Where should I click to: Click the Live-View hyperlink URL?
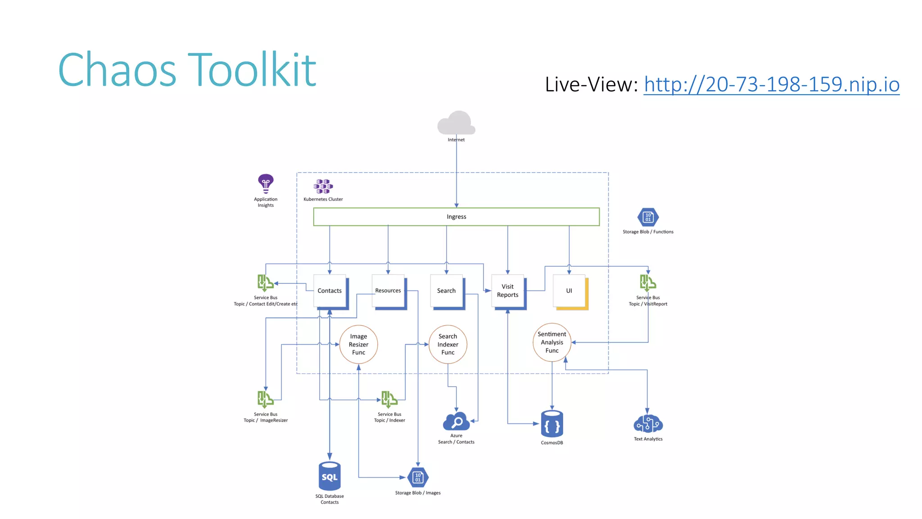(x=771, y=84)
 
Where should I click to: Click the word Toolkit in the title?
(x=252, y=70)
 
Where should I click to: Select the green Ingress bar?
(x=456, y=217)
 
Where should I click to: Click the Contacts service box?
(x=330, y=291)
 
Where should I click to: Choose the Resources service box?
(x=388, y=291)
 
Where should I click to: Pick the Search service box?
(x=446, y=291)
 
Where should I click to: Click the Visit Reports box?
(x=507, y=291)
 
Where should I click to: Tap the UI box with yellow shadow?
(x=569, y=291)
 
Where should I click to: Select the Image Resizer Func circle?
(x=358, y=344)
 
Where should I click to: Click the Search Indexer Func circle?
(x=447, y=344)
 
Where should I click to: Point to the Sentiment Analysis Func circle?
(x=552, y=342)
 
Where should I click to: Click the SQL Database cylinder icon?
(x=330, y=476)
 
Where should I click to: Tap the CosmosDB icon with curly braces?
(x=552, y=424)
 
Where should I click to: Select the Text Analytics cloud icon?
(x=648, y=424)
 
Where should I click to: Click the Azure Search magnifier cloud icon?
(x=456, y=422)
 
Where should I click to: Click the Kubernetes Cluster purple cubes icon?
(x=323, y=186)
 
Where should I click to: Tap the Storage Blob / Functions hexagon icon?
(x=648, y=217)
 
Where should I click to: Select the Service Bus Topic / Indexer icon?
(x=389, y=399)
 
